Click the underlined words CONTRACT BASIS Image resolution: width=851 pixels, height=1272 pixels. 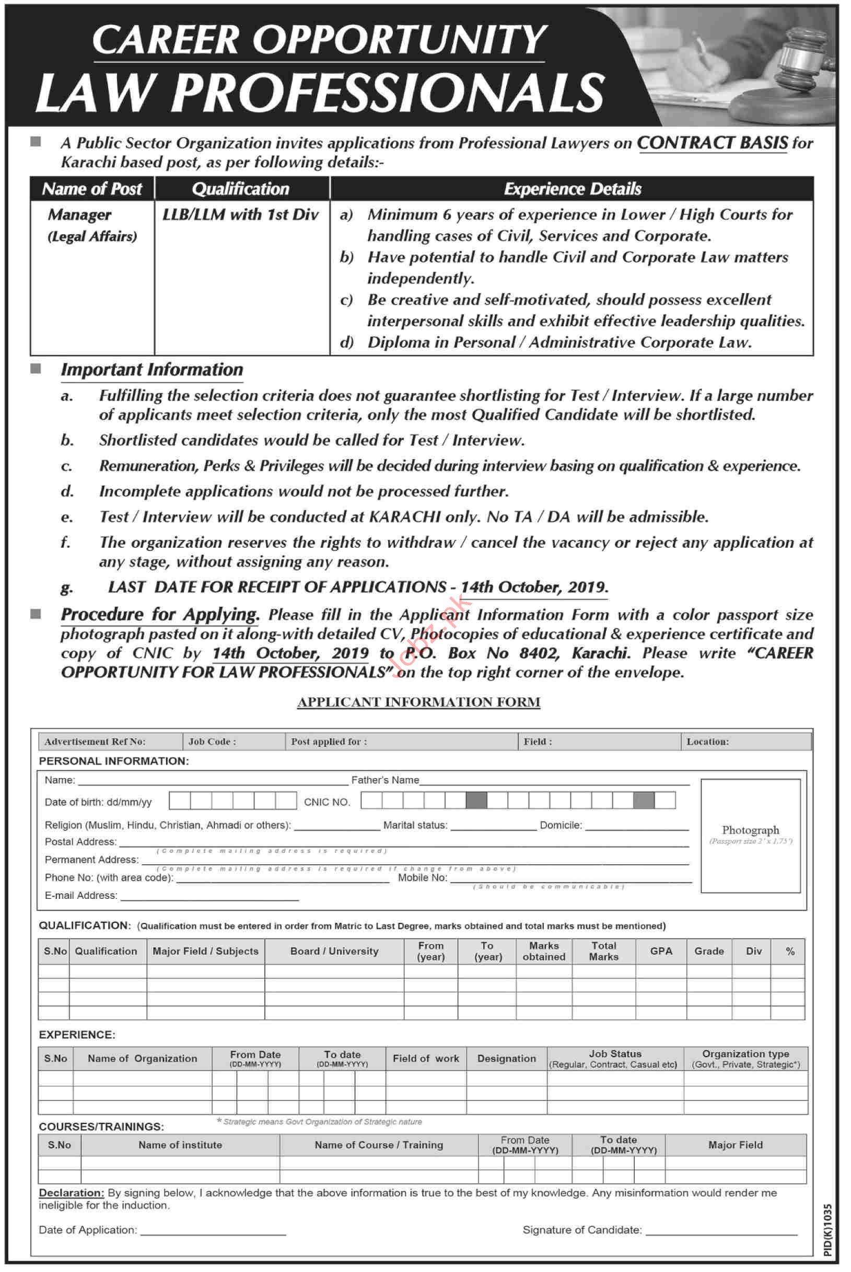pyautogui.click(x=712, y=143)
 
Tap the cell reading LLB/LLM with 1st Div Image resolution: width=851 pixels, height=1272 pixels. pyautogui.click(x=240, y=215)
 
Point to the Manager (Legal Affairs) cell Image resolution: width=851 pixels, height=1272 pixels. pyautogui.click(x=92, y=225)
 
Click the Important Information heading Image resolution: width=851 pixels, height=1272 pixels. pyautogui.click(x=152, y=369)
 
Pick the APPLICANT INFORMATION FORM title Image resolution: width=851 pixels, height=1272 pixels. pyautogui.click(x=418, y=702)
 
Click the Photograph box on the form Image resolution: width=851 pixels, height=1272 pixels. pyautogui.click(x=750, y=836)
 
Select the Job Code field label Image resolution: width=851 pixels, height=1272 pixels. pyautogui.click(x=212, y=742)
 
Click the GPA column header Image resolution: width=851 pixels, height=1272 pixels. pyautogui.click(x=660, y=951)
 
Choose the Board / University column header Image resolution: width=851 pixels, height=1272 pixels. pyautogui.click(x=334, y=951)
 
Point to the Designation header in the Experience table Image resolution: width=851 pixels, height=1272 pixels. pyautogui.click(x=506, y=1059)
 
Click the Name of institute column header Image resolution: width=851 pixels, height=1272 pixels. pyautogui.click(x=180, y=1145)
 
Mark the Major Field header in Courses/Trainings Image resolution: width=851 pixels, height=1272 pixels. pyautogui.click(x=736, y=1145)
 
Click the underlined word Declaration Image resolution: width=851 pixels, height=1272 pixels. pyautogui.click(x=71, y=1193)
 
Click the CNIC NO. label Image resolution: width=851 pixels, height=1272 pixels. pyautogui.click(x=327, y=802)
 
